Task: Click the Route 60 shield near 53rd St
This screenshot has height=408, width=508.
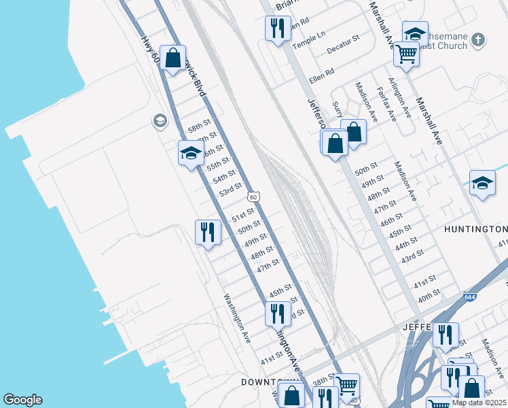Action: point(253,197)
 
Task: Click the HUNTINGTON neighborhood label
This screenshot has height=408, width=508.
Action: point(475,229)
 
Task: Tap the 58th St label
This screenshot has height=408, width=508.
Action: point(200,127)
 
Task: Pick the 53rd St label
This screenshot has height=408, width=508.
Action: point(231,189)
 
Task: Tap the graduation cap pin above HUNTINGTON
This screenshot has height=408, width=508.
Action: point(482,182)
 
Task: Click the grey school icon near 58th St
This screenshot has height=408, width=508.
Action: point(160,121)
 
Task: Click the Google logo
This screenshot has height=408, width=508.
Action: point(22,400)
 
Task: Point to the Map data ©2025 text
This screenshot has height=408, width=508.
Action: point(479,403)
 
